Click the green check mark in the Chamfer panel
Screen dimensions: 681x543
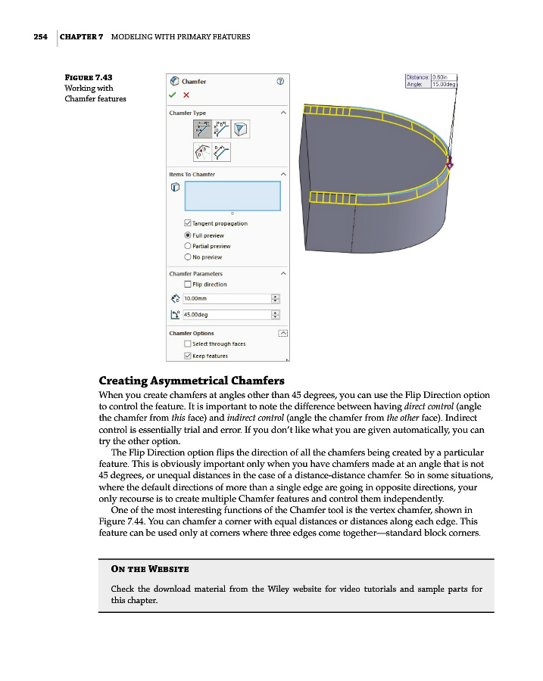coord(173,95)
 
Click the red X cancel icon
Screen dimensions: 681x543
coord(186,95)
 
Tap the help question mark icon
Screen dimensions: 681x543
coord(280,81)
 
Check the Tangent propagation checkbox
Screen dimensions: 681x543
coord(188,223)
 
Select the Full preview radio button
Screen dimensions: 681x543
coord(188,235)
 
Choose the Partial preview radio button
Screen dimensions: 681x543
coord(188,246)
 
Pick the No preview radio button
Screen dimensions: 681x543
coord(188,257)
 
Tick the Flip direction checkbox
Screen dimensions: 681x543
coord(188,285)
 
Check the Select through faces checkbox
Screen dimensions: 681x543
coord(188,344)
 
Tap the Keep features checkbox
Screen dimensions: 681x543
coord(188,356)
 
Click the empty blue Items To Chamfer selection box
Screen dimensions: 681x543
coord(232,195)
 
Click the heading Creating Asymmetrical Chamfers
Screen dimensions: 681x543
coord(192,380)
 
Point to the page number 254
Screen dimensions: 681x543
coord(41,36)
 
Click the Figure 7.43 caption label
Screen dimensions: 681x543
coord(89,77)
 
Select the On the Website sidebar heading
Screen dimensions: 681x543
coord(150,568)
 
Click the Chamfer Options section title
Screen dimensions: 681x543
coord(192,333)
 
